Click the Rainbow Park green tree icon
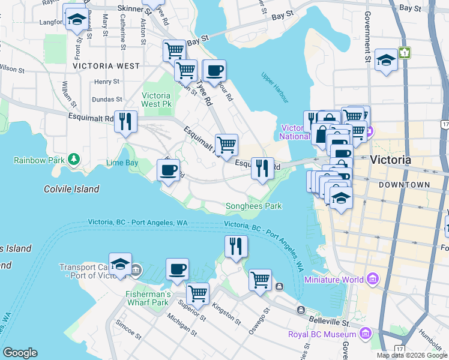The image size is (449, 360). point(73,160)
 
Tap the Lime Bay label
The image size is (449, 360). point(122,163)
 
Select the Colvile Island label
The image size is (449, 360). point(71,189)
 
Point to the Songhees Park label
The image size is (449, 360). point(253,206)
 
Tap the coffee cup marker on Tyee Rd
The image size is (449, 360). point(214,71)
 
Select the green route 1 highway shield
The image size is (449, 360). point(406,53)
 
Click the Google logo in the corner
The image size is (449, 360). point(20,353)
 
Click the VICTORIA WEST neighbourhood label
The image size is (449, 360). point(106,66)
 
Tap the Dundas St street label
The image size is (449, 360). point(107,99)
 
